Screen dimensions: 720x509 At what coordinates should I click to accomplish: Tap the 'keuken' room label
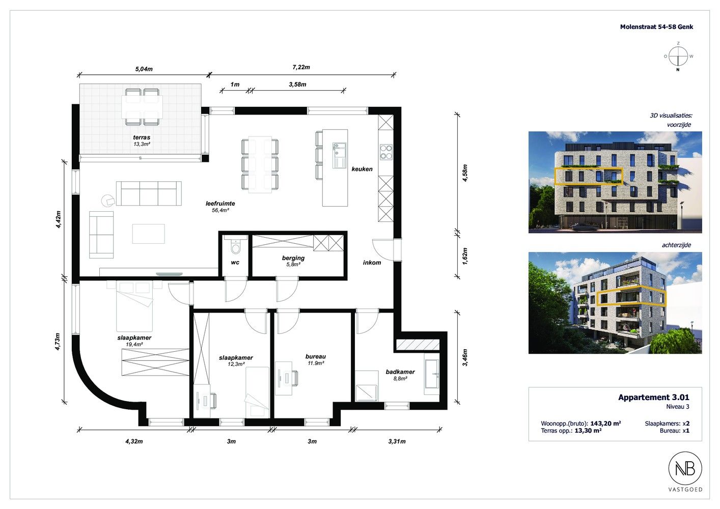[362, 169]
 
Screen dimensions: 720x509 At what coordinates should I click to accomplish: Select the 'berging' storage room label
[293, 258]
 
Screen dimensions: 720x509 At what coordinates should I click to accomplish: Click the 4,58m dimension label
[465, 173]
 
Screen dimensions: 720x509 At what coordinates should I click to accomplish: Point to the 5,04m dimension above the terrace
[144, 69]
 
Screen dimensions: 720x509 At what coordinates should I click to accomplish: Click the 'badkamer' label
[400, 372]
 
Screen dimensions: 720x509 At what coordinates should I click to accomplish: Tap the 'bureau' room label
[316, 356]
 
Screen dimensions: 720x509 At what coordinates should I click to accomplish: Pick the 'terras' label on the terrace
[142, 137]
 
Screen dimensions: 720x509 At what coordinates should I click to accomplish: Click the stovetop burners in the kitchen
[386, 152]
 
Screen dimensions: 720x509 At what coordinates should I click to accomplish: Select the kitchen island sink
[339, 155]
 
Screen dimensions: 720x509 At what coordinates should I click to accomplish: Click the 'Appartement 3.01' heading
[654, 397]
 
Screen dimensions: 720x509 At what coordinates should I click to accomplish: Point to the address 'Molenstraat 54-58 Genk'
[656, 27]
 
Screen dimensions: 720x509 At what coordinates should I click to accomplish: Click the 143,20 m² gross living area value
[605, 423]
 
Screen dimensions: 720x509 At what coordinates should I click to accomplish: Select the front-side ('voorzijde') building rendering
[615, 182]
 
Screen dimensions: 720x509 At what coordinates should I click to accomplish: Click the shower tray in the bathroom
[367, 386]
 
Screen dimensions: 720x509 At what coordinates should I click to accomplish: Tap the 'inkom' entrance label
[372, 263]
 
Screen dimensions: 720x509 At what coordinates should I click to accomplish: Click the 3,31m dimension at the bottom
[397, 441]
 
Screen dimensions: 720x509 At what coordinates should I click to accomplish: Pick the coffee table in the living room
[149, 234]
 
